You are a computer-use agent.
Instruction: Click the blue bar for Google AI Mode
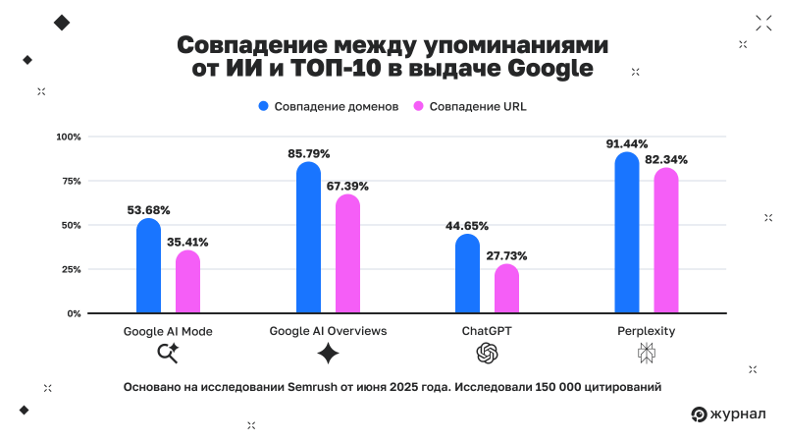[x=148, y=265]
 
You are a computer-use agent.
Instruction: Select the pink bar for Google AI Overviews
[x=347, y=254]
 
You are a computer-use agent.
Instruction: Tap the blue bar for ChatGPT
[x=468, y=274]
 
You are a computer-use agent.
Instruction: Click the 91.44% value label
[x=627, y=144]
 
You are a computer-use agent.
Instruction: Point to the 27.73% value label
[x=506, y=256]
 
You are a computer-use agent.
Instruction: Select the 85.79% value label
[x=308, y=154]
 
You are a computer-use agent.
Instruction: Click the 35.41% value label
[x=187, y=242]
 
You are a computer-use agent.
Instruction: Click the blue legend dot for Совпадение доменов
[x=264, y=106]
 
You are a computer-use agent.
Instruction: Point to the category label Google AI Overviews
[x=328, y=331]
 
